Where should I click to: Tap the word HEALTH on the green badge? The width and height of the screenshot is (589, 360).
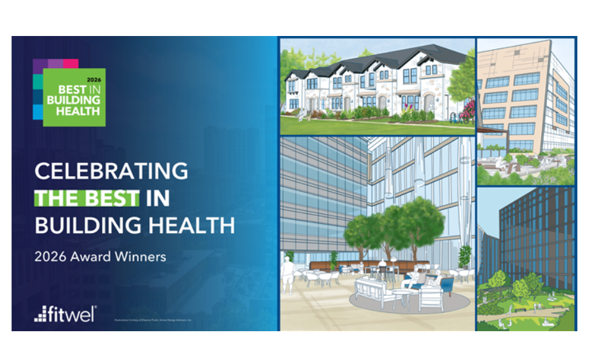click(73, 111)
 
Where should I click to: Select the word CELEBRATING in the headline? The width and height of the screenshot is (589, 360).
click(111, 171)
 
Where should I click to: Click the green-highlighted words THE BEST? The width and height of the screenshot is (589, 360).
click(87, 198)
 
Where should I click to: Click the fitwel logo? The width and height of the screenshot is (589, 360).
click(65, 314)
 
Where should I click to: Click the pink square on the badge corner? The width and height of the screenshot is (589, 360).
click(71, 63)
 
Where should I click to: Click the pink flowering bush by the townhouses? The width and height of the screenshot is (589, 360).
click(467, 111)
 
